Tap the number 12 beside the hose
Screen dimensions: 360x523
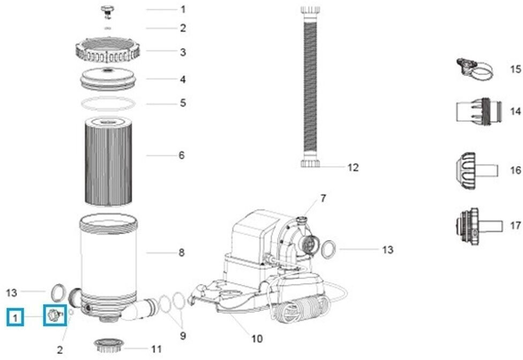353,167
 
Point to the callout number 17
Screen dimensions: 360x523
515,226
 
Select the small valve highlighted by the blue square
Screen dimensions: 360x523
54,315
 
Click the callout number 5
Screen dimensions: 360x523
183,102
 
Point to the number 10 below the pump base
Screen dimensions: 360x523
257,338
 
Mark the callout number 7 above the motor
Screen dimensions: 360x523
323,198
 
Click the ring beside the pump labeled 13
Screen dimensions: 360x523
330,249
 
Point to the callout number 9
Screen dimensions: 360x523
183,336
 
